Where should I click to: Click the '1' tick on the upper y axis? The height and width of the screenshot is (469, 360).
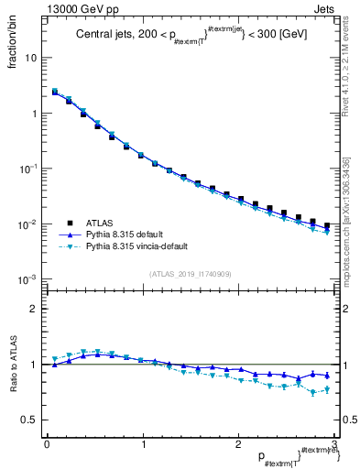click(x=34, y=114)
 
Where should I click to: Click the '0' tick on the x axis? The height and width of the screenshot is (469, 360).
click(x=46, y=445)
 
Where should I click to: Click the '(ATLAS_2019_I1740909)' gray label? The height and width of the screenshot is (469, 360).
click(x=190, y=274)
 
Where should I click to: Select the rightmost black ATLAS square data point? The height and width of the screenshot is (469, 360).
click(x=327, y=225)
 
